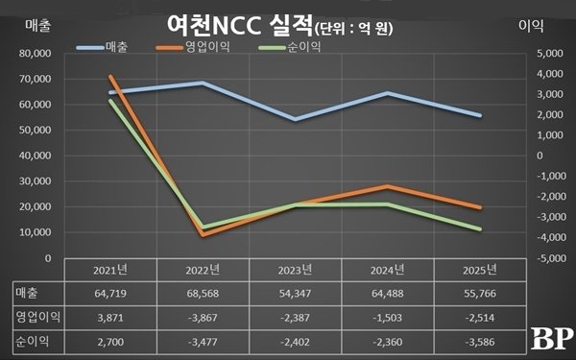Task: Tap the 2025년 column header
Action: [481, 270]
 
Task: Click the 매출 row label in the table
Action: [28, 292]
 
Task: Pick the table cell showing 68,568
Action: [204, 292]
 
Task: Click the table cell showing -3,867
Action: [204, 316]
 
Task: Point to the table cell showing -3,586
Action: [481, 340]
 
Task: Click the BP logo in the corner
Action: [552, 337]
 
